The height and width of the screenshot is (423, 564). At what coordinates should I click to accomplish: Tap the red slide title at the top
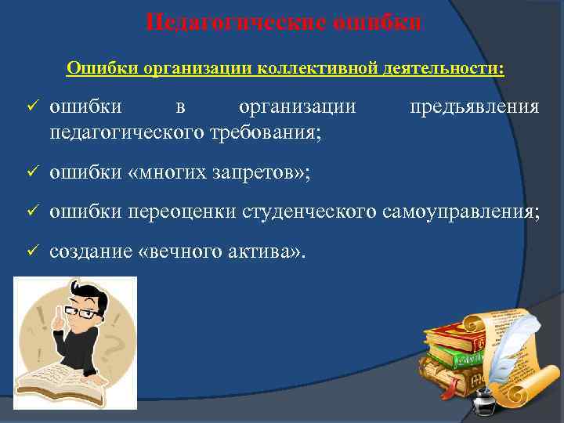coord(283,21)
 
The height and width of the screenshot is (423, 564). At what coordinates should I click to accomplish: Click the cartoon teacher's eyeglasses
coord(81,313)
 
